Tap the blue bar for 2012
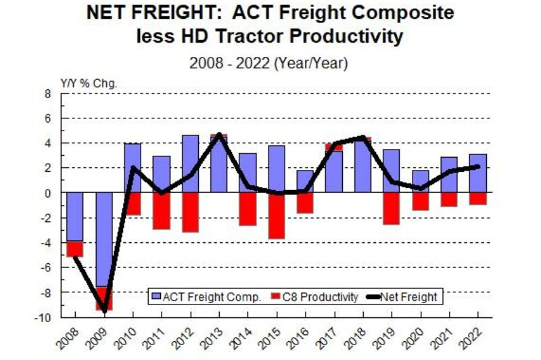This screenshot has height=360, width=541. coord(190,164)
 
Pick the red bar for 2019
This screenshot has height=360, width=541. coord(391,208)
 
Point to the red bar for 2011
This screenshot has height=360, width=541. coord(162,210)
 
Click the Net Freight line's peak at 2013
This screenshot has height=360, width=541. coord(219,135)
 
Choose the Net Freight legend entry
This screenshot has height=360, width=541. coord(403,296)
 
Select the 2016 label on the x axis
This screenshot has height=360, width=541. coord(301,334)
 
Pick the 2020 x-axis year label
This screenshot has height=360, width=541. coord(416,334)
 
